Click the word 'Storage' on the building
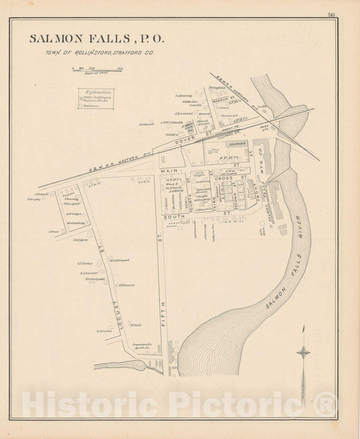tap(237, 143)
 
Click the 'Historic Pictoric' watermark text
tap(180, 405)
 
